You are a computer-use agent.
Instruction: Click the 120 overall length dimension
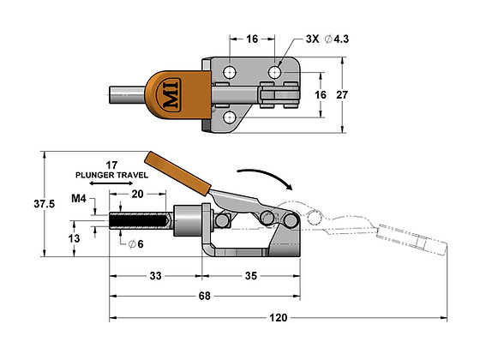pyautogui.click(x=279, y=317)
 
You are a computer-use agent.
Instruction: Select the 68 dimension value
pyautogui.click(x=203, y=297)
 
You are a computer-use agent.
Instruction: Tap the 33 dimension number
pyautogui.click(x=155, y=276)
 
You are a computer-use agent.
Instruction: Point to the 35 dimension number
pyautogui.click(x=251, y=276)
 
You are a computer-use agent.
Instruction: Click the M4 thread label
pyautogui.click(x=78, y=199)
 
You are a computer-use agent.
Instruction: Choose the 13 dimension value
pyautogui.click(x=75, y=237)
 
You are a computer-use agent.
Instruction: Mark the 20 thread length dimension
pyautogui.click(x=137, y=194)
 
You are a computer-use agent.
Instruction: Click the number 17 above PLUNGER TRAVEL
pyautogui.click(x=112, y=163)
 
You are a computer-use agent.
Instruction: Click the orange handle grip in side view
pyautogui.click(x=178, y=172)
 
